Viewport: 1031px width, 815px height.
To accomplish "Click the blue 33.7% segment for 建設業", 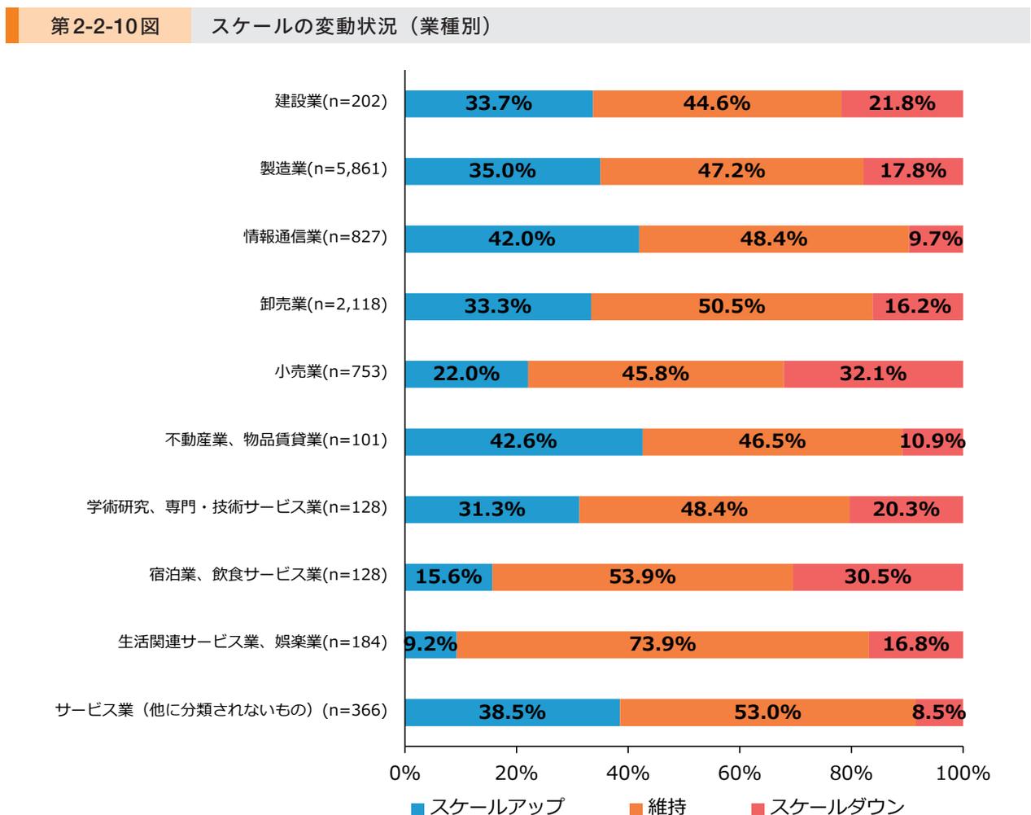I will coord(498,103).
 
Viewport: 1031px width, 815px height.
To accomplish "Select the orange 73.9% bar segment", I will coord(662,644).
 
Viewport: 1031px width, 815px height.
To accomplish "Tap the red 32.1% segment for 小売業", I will coord(872,374).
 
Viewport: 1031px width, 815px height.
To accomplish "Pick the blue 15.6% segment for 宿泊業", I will coord(448,576).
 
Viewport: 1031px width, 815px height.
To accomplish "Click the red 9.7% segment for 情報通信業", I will coord(936,239).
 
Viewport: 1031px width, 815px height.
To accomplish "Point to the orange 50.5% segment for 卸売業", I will coord(731,306).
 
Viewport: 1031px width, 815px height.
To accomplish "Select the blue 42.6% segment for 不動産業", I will coord(522,441).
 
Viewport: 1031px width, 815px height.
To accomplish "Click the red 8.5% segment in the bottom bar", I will coord(939,712).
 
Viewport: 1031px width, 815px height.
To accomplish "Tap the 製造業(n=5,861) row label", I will coord(323,169).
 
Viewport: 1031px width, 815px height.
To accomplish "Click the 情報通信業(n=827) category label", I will coord(315,237).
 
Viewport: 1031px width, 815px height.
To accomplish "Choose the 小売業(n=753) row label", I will coord(330,372).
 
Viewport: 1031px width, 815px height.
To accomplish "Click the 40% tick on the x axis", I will coord(627,773).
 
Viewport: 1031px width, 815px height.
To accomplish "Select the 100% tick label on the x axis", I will coord(962,773).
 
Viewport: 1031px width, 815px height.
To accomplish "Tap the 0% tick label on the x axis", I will coord(404,773).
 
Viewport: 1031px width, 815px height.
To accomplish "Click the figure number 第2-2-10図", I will coord(104,26).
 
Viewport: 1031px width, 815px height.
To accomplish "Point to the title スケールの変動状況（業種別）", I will coord(351,26).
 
